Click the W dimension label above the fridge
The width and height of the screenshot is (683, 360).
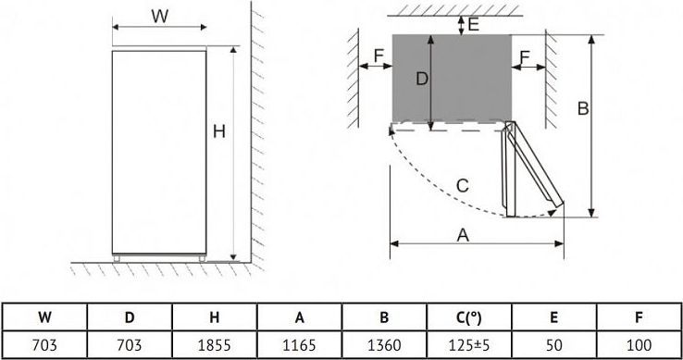click(x=159, y=17)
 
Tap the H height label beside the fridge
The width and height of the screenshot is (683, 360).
click(x=219, y=131)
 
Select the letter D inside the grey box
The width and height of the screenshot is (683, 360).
click(x=422, y=79)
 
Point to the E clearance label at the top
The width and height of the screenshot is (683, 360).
click(x=474, y=24)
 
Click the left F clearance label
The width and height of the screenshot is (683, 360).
click(x=379, y=56)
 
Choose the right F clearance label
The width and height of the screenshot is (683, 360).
click(x=525, y=56)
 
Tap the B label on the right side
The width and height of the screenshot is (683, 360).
click(x=583, y=108)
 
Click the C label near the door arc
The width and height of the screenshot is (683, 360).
click(x=462, y=186)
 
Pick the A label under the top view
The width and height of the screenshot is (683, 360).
click(x=463, y=236)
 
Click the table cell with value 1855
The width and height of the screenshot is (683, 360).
click(x=215, y=345)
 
